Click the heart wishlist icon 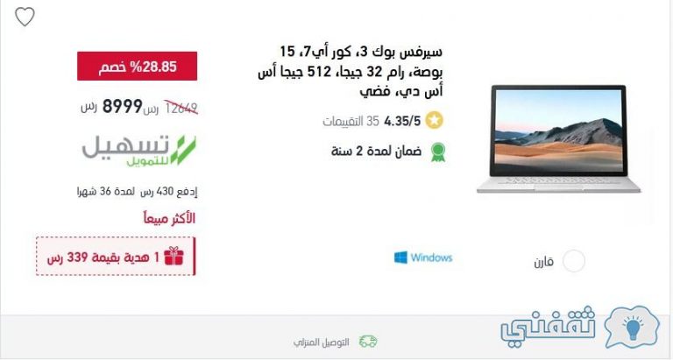coord(25,17)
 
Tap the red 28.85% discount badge coord(138,66)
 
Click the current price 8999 coord(123,106)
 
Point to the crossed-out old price coord(181,108)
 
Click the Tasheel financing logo coord(139,151)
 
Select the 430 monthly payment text coord(138,191)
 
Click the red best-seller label coord(169,218)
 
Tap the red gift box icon coord(174,256)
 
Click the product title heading coord(351,71)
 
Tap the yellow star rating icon coord(435,121)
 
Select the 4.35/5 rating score coord(402,122)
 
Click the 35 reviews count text coord(351,122)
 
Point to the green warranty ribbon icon coord(438,152)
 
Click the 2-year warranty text coord(377,151)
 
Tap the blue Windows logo coord(400,258)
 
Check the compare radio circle coord(574,261)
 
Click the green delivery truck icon coord(368,342)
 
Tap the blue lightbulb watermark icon coord(632,328)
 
